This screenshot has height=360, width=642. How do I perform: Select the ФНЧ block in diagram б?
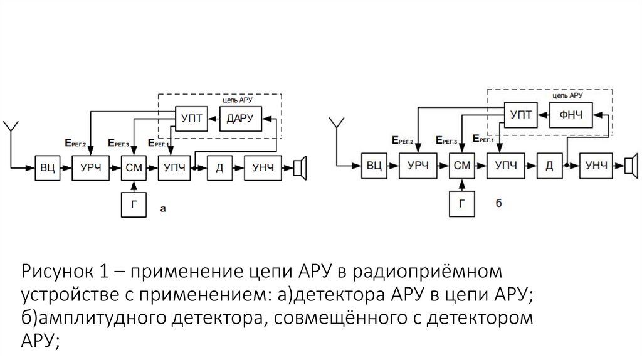click(x=566, y=115)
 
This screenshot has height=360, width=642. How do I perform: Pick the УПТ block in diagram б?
click(x=520, y=115)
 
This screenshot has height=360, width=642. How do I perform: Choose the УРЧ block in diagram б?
click(x=418, y=166)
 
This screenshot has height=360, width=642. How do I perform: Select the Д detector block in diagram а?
click(x=219, y=167)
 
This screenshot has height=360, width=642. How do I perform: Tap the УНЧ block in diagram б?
click(x=595, y=166)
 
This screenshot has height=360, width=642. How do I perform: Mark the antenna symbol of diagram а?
click(x=10, y=129)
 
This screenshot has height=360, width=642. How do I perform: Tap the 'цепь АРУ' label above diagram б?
click(x=568, y=97)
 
